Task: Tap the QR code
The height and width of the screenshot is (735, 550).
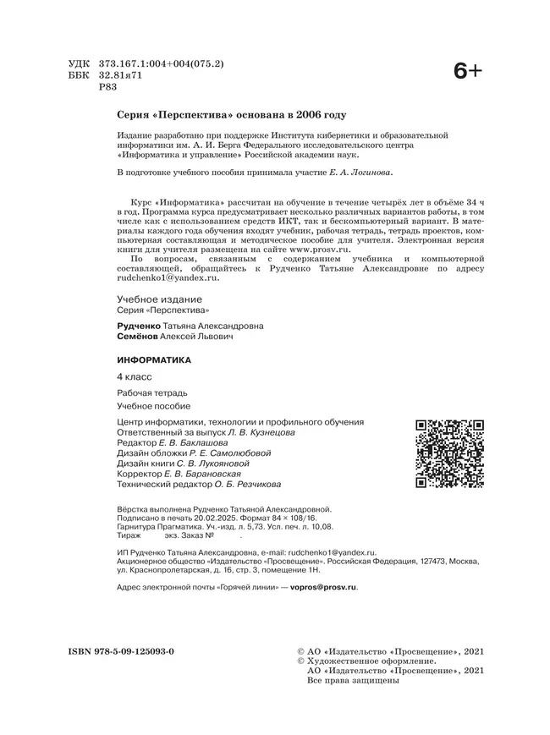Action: pos(448,454)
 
